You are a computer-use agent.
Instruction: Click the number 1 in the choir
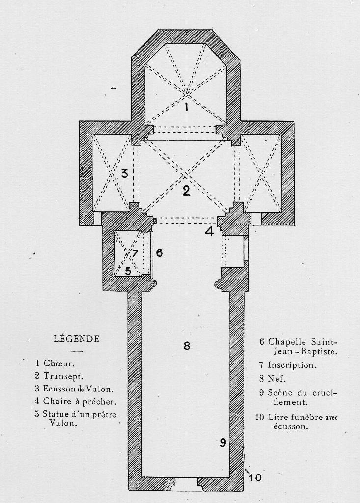186,106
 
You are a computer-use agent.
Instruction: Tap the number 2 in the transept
186,191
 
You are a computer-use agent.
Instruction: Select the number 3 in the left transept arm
124,173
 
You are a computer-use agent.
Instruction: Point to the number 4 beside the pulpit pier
210,231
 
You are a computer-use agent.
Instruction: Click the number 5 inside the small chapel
128,271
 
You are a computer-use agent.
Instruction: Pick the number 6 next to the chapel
159,252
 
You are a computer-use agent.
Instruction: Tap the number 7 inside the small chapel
135,253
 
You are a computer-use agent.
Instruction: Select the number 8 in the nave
187,345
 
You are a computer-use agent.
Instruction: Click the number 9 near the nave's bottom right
222,443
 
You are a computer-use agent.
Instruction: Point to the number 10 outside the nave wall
255,477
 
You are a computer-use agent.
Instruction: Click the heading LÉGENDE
76,339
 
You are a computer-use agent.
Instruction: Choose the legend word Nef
277,379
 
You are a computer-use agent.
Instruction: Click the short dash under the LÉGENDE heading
76,351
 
